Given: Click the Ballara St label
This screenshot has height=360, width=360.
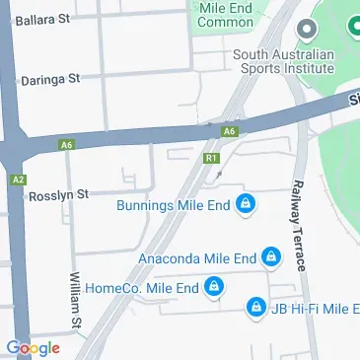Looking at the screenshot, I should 45,19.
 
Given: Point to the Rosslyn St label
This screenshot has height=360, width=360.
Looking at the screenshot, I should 62,193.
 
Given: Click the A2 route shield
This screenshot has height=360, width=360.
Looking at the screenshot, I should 19,180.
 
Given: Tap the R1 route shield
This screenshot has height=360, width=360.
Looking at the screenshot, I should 210,157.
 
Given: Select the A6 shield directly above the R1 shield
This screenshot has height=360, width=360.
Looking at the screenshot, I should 229,130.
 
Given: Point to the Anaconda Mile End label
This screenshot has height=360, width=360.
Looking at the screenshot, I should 197,258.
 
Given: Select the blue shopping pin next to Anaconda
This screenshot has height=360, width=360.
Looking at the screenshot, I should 270,258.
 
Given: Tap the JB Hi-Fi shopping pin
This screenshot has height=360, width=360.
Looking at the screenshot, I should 254,307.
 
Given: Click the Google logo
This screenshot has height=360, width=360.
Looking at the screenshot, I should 33,347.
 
